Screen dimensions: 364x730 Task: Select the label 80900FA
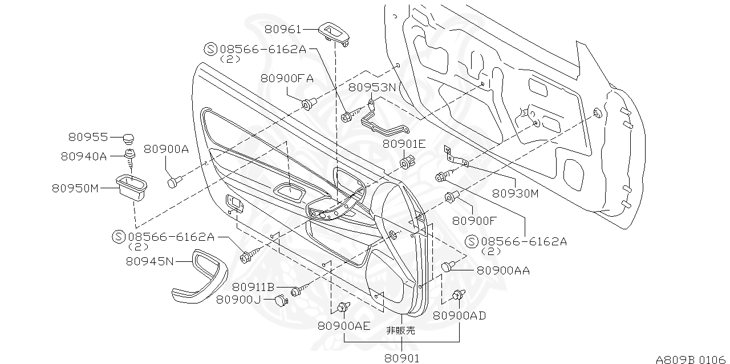[x=287, y=79]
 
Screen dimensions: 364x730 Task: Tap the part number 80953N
[x=372, y=87]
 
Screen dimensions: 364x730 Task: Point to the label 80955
[x=88, y=137]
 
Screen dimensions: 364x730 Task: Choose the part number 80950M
[x=75, y=187]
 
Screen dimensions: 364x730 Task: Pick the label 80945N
[x=149, y=261]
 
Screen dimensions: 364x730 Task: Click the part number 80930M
[x=516, y=193]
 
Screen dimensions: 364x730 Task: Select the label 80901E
[x=404, y=144]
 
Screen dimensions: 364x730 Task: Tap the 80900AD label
[x=459, y=316]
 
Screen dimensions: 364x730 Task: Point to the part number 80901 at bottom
[x=402, y=358]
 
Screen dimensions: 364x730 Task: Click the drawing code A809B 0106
[x=692, y=359]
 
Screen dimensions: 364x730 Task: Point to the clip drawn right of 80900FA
[x=309, y=104]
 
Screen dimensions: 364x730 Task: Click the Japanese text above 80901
[x=401, y=330]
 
